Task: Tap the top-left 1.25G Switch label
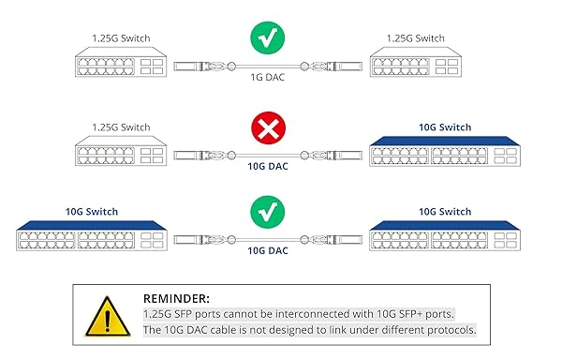121,38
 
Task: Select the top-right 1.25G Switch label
415,38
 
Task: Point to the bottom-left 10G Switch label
92,212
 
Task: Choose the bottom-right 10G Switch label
445,212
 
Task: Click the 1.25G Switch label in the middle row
121,126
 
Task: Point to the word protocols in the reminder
455,330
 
